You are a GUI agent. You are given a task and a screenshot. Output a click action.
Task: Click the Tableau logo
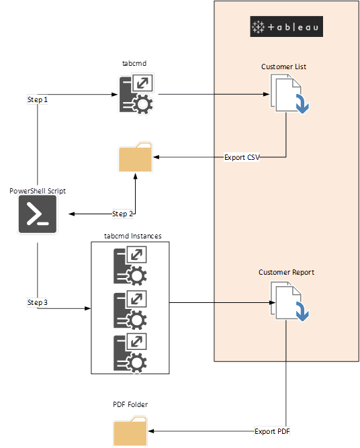coord(287,27)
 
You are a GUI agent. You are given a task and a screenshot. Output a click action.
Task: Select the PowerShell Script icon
coord(38,214)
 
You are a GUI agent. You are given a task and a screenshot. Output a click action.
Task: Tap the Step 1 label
coord(38,99)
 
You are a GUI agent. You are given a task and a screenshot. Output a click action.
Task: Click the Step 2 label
coord(122,214)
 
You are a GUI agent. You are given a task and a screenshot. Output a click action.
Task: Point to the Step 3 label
coord(38,302)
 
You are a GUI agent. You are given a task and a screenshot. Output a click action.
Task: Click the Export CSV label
coord(242,157)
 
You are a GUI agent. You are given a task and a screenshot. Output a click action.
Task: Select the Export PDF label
coord(272,431)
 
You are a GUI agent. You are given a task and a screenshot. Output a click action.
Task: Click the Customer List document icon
coord(289,94)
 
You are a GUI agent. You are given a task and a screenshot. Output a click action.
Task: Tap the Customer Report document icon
coord(289,302)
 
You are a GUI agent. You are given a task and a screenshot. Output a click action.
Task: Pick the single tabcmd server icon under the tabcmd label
coord(136,94)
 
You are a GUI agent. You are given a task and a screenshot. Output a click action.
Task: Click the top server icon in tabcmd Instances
coord(130,265)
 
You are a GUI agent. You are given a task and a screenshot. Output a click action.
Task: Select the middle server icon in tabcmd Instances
coord(130,310)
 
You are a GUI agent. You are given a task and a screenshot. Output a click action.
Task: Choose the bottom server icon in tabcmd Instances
coord(130,353)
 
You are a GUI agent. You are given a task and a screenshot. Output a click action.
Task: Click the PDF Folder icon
coord(130,431)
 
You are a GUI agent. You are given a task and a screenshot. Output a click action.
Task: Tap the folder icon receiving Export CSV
coord(136,157)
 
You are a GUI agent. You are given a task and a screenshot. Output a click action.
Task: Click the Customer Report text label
coord(286,272)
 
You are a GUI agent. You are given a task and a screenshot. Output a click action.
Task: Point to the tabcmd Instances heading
coord(133,236)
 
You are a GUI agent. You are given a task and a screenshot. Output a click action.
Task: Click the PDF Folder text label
coord(130,404)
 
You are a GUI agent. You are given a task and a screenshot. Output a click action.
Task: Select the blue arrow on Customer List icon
coord(302,103)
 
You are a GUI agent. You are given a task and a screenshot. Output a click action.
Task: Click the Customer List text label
coord(283,66)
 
